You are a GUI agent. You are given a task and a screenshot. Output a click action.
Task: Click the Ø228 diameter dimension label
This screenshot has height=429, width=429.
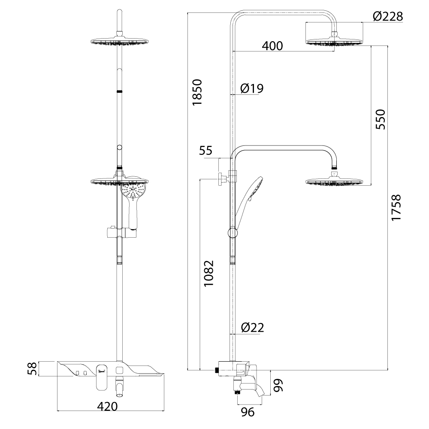(x=388, y=16)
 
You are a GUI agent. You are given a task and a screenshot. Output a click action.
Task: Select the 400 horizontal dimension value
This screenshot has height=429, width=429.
(x=272, y=46)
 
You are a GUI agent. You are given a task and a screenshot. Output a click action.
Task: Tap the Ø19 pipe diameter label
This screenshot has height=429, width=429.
(x=252, y=88)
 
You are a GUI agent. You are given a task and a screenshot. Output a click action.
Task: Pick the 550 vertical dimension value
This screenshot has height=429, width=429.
(x=380, y=119)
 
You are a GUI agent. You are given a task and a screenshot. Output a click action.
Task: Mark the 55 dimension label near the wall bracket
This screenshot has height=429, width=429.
(x=206, y=151)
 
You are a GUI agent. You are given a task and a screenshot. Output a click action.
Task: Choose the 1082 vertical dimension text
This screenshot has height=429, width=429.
(x=208, y=274)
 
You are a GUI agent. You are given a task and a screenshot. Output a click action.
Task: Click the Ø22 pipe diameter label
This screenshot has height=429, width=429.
(x=252, y=328)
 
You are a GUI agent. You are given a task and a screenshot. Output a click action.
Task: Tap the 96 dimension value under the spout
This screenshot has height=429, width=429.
(x=247, y=412)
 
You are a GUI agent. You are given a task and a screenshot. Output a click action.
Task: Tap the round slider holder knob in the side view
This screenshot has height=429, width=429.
(x=232, y=233)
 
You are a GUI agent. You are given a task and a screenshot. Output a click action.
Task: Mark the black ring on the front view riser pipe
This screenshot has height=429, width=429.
(x=120, y=91)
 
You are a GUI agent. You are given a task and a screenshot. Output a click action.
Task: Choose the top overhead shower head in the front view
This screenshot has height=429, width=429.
(x=120, y=42)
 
